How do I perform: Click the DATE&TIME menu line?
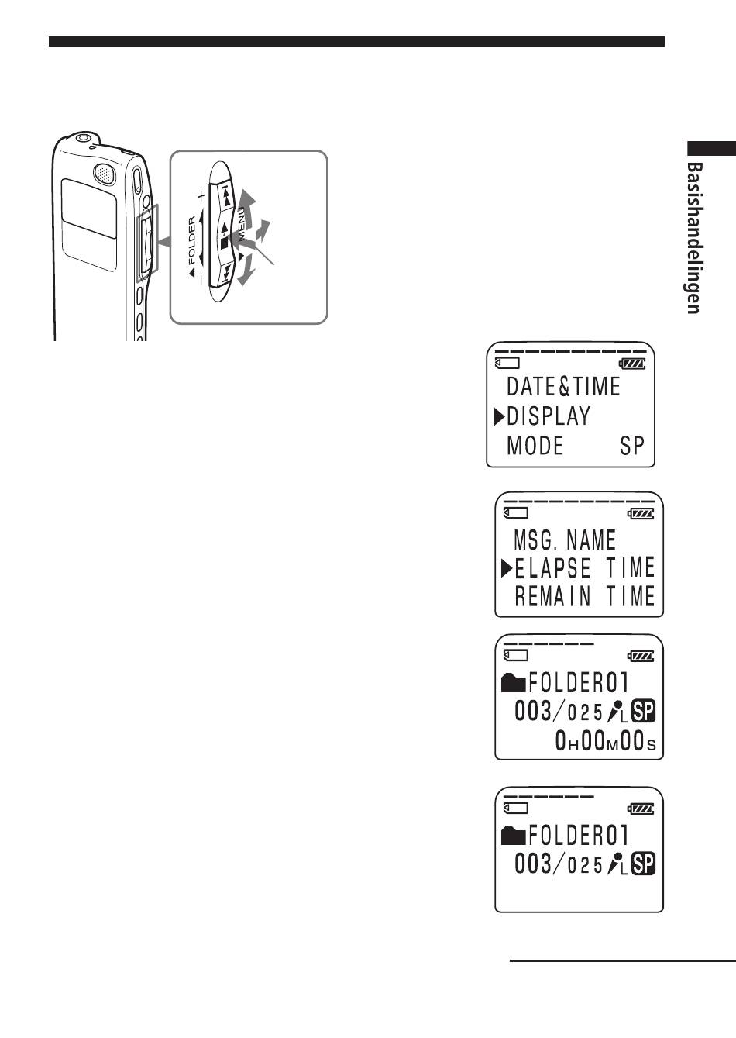click(x=563, y=387)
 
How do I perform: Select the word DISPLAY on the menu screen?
click(x=549, y=416)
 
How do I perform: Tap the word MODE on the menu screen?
click(x=535, y=445)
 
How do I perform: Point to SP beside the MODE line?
click(x=632, y=446)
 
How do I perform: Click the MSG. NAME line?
click(x=565, y=540)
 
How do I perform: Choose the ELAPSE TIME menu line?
click(x=585, y=567)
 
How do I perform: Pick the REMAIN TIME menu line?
click(x=585, y=596)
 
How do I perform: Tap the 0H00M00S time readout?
click(x=605, y=740)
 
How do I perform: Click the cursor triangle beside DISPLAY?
click(x=499, y=416)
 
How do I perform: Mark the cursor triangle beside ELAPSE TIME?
click(x=507, y=568)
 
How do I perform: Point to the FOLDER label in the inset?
click(x=193, y=240)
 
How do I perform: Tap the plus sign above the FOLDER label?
click(x=201, y=196)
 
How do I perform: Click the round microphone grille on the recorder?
click(x=105, y=174)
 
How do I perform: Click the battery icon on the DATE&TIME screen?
click(x=632, y=364)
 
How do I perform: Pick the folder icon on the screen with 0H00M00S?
click(x=513, y=683)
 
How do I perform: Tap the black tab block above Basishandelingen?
click(x=711, y=148)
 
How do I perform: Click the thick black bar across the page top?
click(x=356, y=42)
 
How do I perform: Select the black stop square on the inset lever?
click(x=225, y=243)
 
